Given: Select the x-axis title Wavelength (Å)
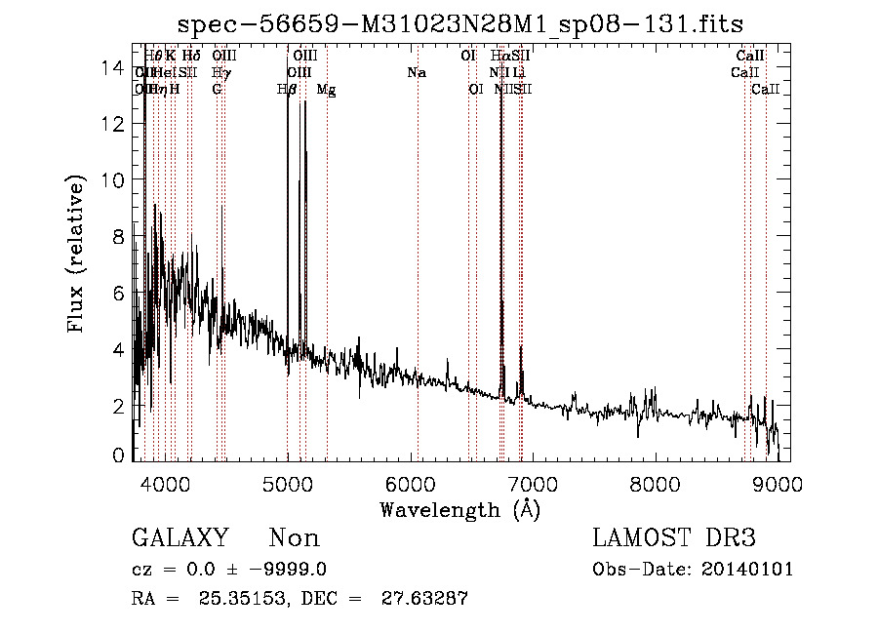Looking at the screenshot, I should (x=459, y=509).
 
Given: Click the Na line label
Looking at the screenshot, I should (x=417, y=72).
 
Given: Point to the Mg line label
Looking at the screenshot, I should (x=326, y=90).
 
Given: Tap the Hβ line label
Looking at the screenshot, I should (x=287, y=90).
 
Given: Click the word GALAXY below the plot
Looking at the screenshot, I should (x=180, y=538).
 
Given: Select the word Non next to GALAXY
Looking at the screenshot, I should (x=294, y=538).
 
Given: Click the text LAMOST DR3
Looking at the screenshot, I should (x=674, y=538).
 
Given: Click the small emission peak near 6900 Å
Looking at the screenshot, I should (x=521, y=348).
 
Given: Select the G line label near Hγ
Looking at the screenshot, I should (x=217, y=90).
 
